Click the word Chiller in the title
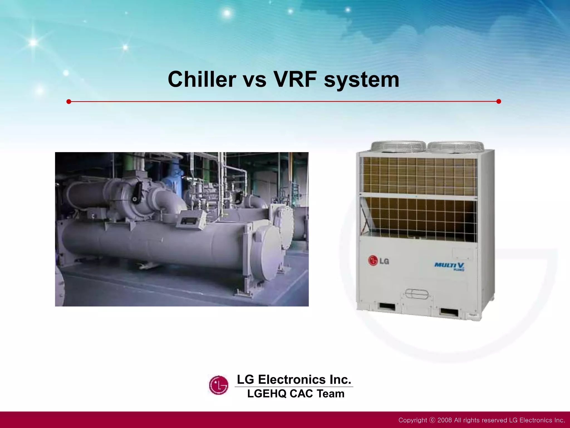coord(202,79)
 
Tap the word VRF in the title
coord(295,79)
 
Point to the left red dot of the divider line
coord(69,102)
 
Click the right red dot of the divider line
coord(499,101)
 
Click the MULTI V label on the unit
coord(449,266)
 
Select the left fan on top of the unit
coord(398,146)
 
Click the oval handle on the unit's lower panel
coord(417,294)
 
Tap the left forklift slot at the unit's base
coord(387,307)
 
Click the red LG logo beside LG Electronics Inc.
coord(219,385)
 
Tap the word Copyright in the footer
coord(412,420)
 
